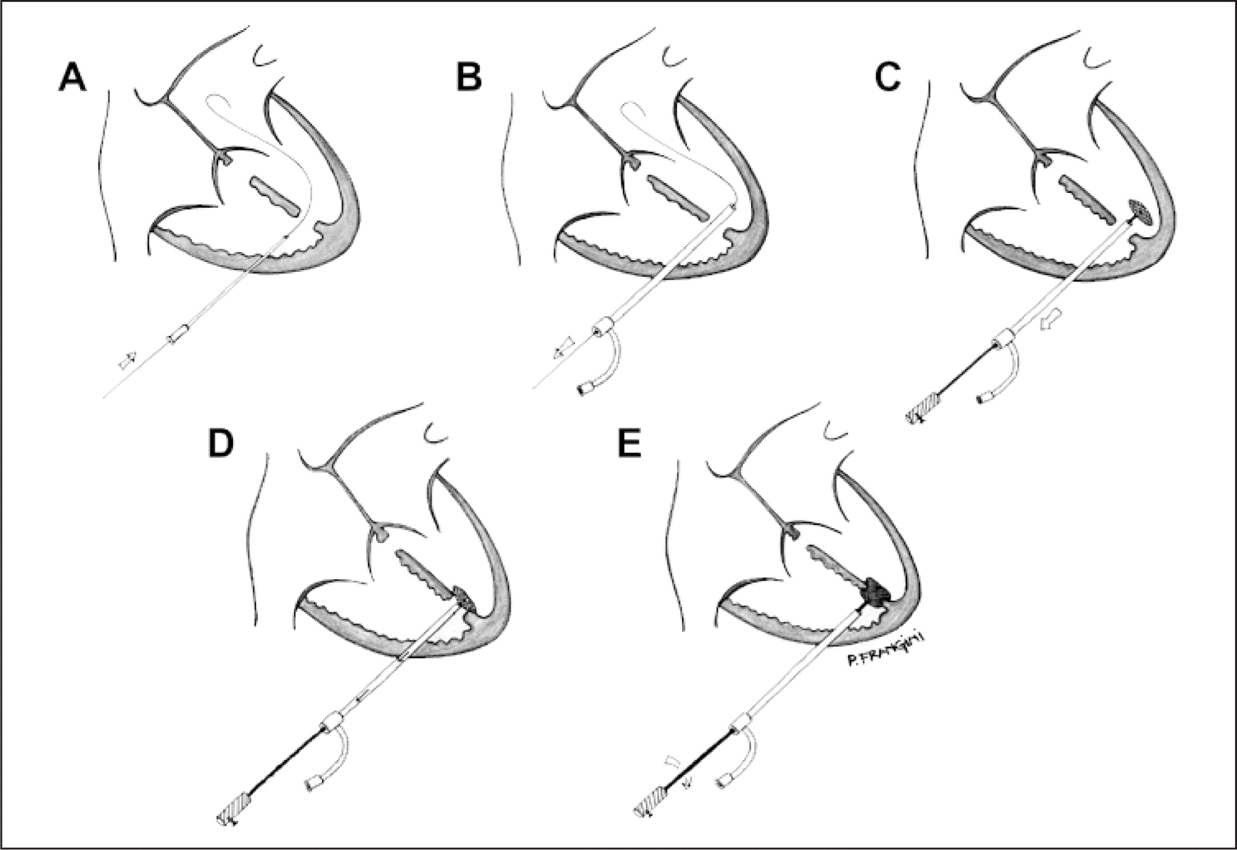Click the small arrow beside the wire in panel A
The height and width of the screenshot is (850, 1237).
(127, 360)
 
